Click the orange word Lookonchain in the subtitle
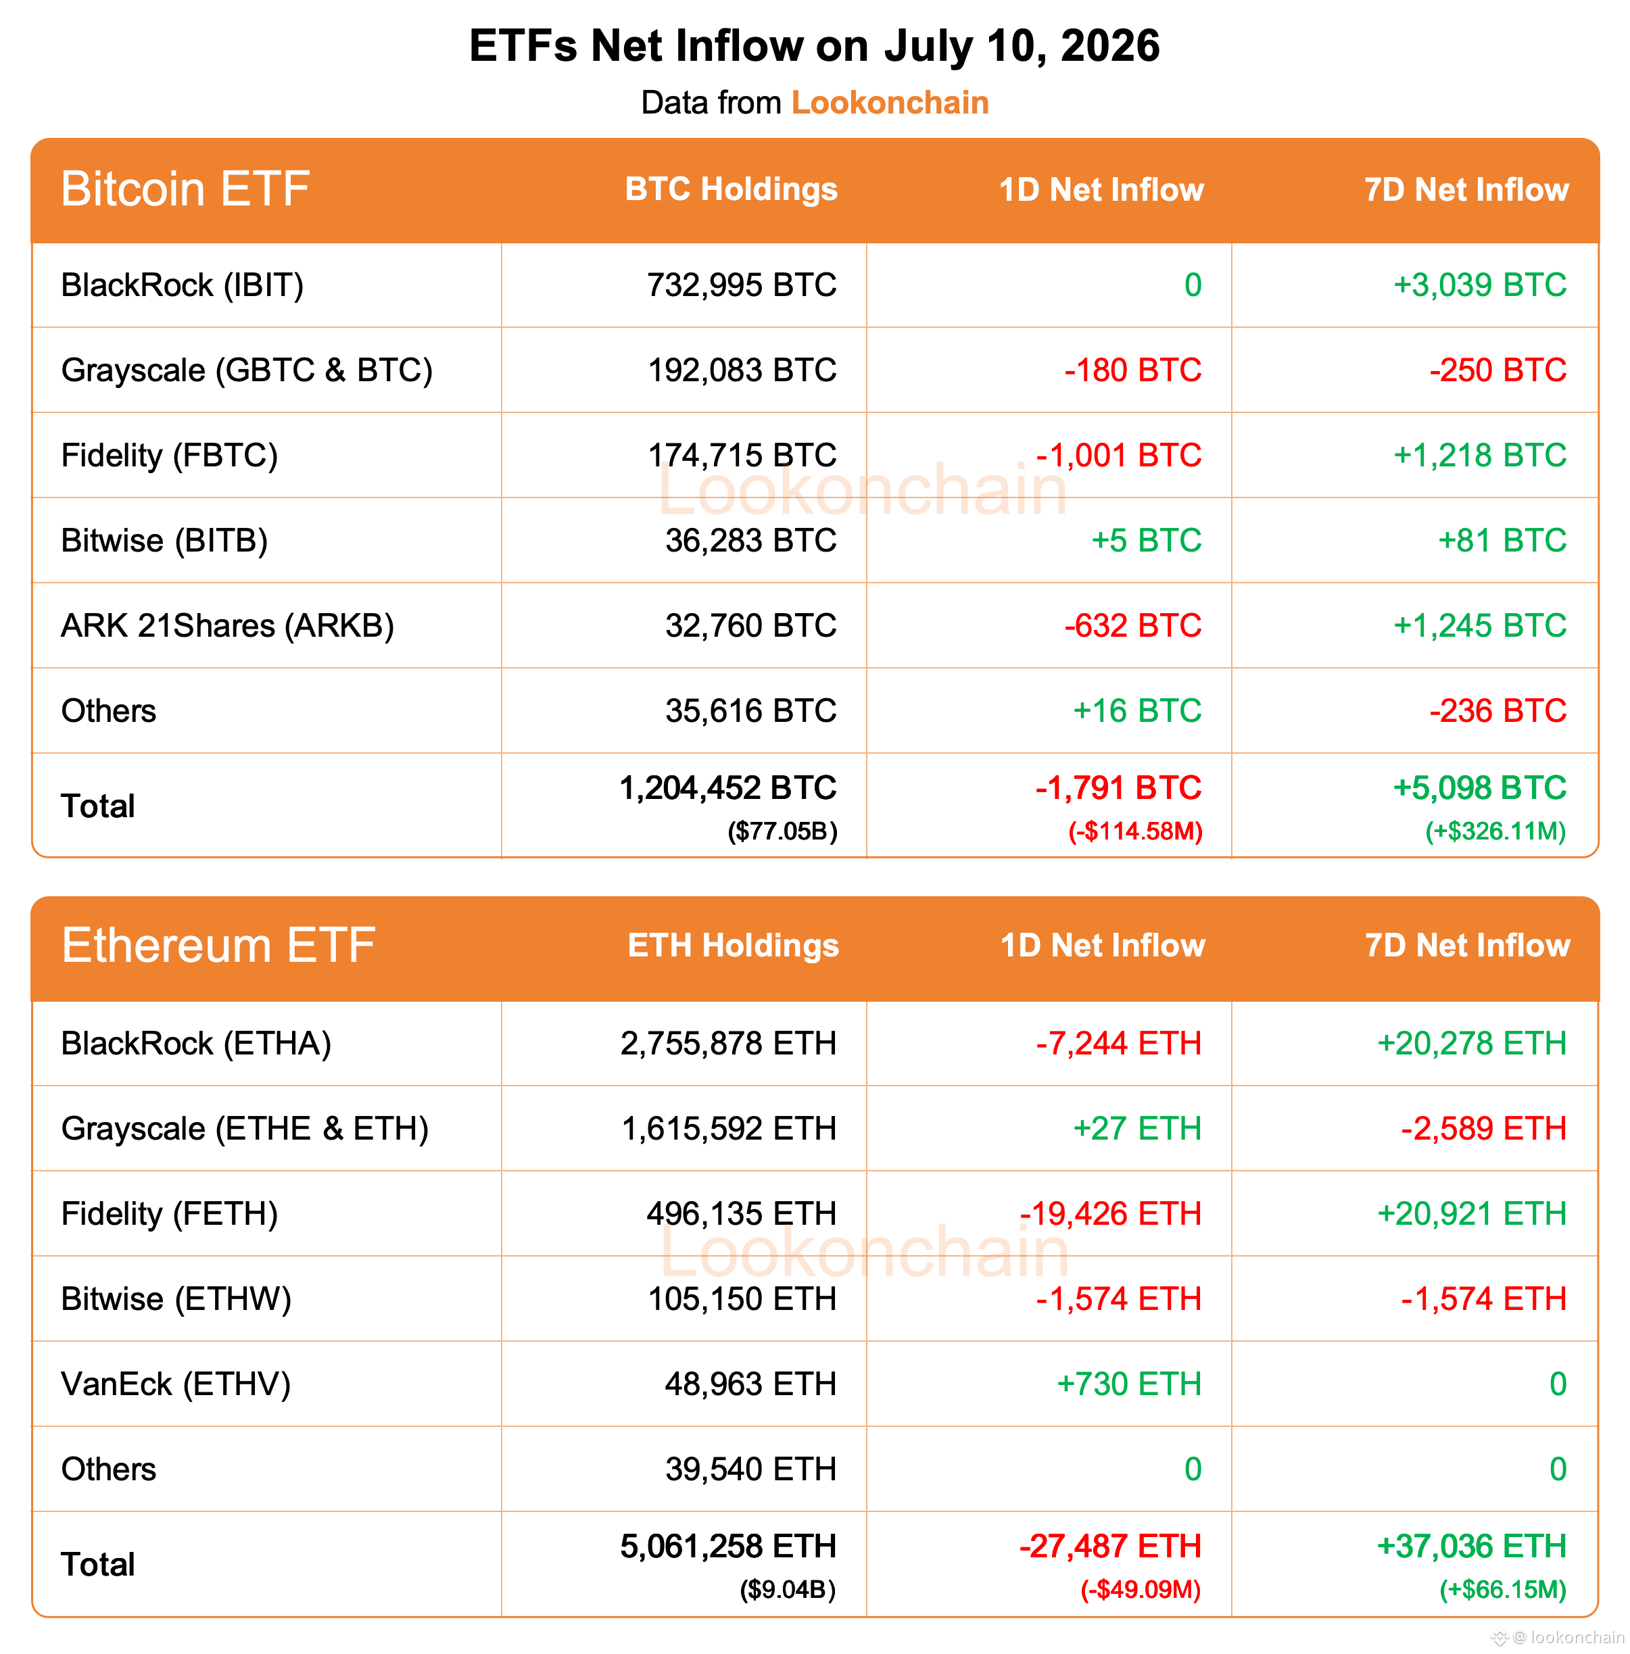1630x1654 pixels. click(x=890, y=103)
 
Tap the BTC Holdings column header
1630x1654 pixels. click(x=731, y=189)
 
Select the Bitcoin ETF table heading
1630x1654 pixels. click(x=185, y=189)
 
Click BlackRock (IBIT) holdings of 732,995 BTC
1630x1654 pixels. click(x=742, y=285)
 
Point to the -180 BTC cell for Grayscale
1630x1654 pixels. click(x=1132, y=370)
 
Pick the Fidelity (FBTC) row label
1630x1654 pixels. click(x=170, y=456)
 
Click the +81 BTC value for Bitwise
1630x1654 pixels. click(x=1502, y=540)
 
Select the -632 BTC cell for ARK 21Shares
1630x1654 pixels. click(x=1132, y=626)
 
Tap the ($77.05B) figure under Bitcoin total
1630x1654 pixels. click(x=782, y=831)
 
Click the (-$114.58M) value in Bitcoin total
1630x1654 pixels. click(x=1135, y=831)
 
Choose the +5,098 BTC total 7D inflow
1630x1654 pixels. click(x=1480, y=787)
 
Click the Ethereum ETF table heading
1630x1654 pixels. click(x=218, y=946)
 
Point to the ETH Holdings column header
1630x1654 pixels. click(x=733, y=946)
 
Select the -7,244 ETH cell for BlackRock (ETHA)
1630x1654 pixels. click(x=1119, y=1044)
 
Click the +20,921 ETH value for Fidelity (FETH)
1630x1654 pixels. click(x=1472, y=1214)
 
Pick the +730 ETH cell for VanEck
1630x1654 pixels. click(x=1129, y=1384)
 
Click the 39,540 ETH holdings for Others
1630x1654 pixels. click(x=751, y=1469)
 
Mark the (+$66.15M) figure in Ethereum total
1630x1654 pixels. click(x=1502, y=1590)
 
